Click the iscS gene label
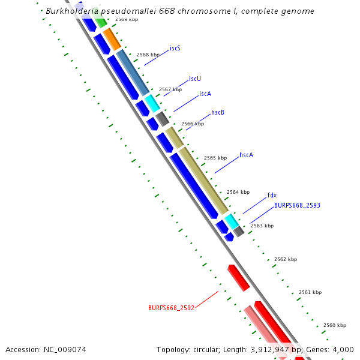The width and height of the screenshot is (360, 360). [175, 48]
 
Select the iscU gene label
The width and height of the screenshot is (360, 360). [194, 79]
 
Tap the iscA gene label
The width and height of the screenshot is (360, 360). [205, 94]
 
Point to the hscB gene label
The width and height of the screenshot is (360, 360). [218, 113]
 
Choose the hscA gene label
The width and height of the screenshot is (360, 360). [246, 155]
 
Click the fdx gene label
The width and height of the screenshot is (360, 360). [272, 195]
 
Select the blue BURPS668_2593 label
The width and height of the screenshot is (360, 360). [297, 205]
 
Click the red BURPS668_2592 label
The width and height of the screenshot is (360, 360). [171, 308]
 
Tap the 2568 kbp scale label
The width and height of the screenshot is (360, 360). [148, 55]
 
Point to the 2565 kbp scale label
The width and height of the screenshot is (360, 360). [215, 158]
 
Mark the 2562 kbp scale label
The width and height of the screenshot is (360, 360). [286, 259]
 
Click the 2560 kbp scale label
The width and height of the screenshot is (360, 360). [335, 325]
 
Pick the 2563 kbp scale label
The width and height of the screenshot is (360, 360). [262, 226]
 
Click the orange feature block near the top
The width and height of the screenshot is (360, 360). [112, 39]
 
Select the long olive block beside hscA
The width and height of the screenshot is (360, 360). [204, 180]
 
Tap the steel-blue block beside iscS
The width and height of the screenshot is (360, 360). [133, 73]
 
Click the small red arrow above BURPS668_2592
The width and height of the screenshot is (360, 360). [238, 278]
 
